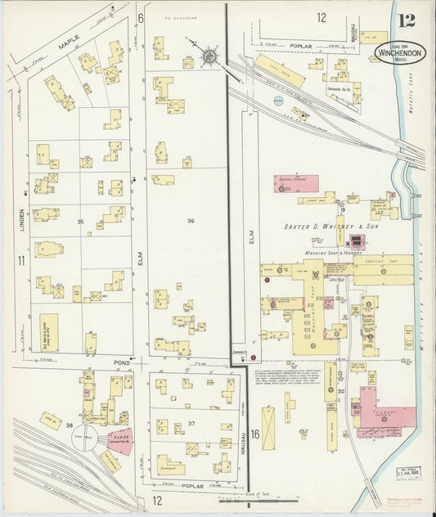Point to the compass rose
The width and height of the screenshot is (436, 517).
click(x=209, y=56)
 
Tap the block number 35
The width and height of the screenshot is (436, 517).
click(x=80, y=222)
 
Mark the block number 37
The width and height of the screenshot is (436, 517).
click(x=191, y=423)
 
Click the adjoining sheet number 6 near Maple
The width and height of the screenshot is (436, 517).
click(x=141, y=18)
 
